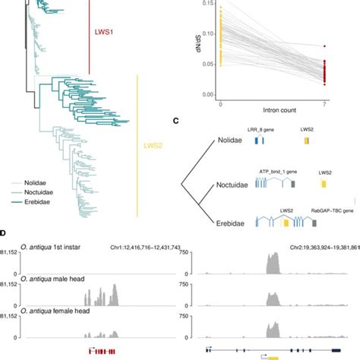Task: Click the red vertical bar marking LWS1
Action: (x=90, y=34)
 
